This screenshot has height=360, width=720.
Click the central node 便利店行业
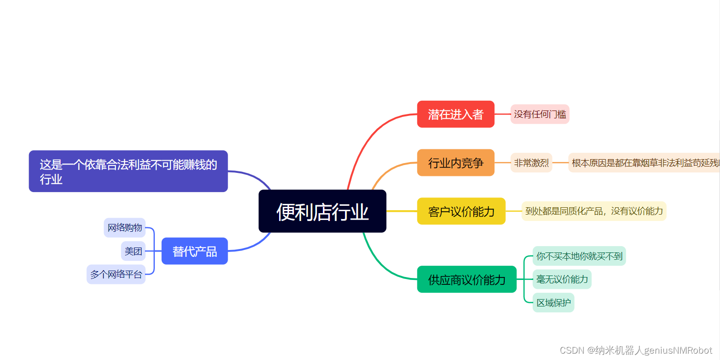point(322,211)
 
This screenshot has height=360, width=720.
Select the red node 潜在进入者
point(456,114)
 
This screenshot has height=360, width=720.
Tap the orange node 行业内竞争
point(456,163)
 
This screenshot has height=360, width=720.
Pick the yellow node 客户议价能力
point(461,211)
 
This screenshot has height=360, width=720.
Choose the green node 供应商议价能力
point(466,279)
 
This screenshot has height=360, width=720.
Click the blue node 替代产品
point(195,251)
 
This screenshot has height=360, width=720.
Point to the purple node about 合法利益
point(128,171)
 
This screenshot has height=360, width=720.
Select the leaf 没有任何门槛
point(540,114)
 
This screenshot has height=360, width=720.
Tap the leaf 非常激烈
point(531,163)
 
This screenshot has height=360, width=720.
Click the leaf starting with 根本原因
point(644,163)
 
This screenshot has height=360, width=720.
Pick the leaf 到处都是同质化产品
point(594,211)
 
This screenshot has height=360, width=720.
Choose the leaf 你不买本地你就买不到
point(579,256)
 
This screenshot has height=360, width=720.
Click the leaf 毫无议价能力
point(562,279)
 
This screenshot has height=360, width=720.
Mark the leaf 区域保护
point(553,303)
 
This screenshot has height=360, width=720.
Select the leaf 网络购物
point(125,227)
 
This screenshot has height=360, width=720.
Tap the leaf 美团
point(133,251)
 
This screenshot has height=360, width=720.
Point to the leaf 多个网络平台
point(116,274)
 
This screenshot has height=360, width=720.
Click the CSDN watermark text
point(635,350)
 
